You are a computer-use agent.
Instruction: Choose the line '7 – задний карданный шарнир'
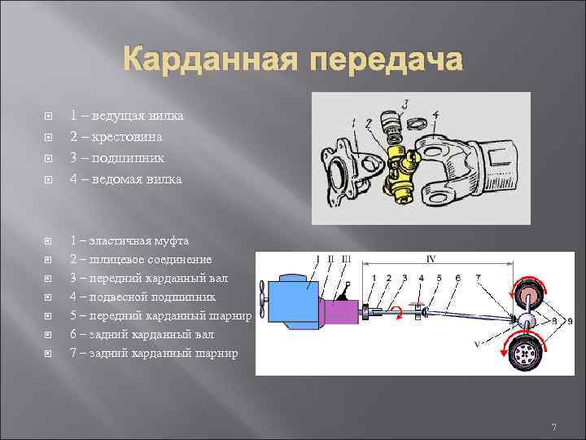154,353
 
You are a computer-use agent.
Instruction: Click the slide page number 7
553,428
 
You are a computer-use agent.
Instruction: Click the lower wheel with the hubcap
526,354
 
